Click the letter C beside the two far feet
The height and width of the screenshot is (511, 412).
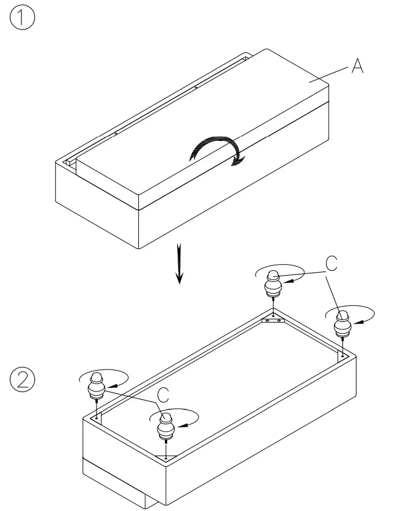coord(331,264)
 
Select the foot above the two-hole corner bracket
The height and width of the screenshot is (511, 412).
coord(273,284)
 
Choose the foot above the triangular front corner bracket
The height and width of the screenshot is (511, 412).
coord(165,426)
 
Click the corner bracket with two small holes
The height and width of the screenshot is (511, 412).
coord(272,320)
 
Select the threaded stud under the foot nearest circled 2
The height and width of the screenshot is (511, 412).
coord(97,408)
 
